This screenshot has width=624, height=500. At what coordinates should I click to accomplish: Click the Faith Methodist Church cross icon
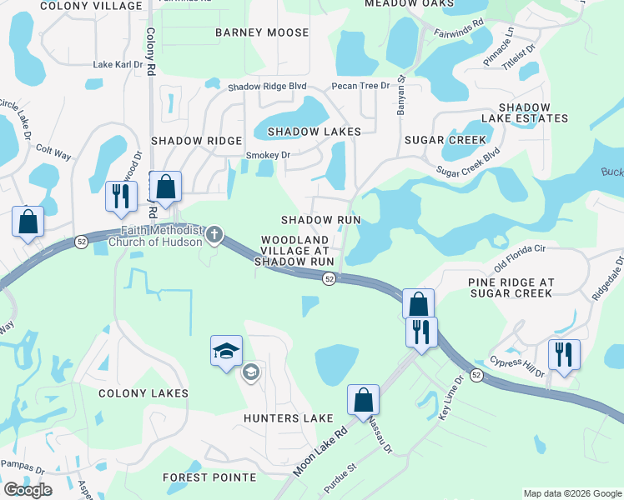214,236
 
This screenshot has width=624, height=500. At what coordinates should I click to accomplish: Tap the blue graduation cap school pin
226,352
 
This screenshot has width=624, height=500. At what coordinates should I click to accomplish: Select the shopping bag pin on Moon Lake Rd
363,400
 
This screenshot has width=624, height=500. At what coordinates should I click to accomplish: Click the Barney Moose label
262,32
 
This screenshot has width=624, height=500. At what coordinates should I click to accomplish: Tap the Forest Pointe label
209,477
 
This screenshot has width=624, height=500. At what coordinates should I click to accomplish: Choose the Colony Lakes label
143,392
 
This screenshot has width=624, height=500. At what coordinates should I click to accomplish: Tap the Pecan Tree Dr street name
360,86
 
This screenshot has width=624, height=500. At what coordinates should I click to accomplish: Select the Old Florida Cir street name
519,258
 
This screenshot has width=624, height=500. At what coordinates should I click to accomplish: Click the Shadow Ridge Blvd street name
267,87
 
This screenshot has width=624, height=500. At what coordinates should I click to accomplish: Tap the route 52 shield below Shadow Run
330,278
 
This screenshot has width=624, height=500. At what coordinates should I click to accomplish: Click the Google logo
28,490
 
